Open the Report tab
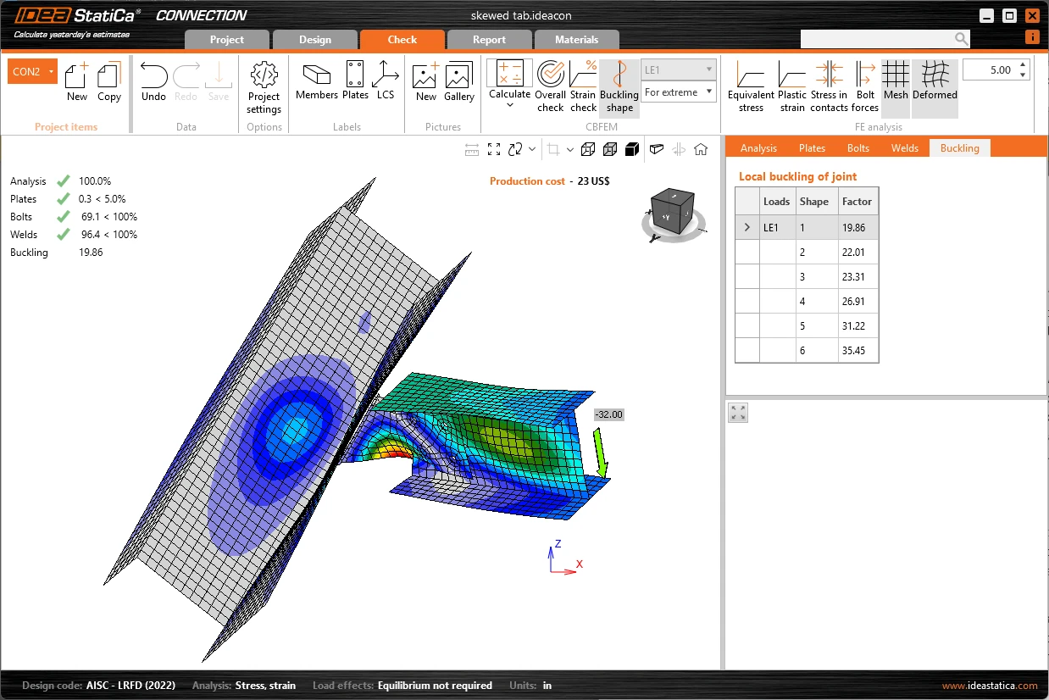coord(489,40)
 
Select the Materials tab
coord(576,40)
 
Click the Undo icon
coord(153,75)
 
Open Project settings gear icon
coord(264,75)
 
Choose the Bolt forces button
coord(864,86)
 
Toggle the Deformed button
coord(935,86)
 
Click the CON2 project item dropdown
coord(32,72)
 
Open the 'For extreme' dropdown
coord(678,92)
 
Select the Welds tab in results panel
coord(904,148)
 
